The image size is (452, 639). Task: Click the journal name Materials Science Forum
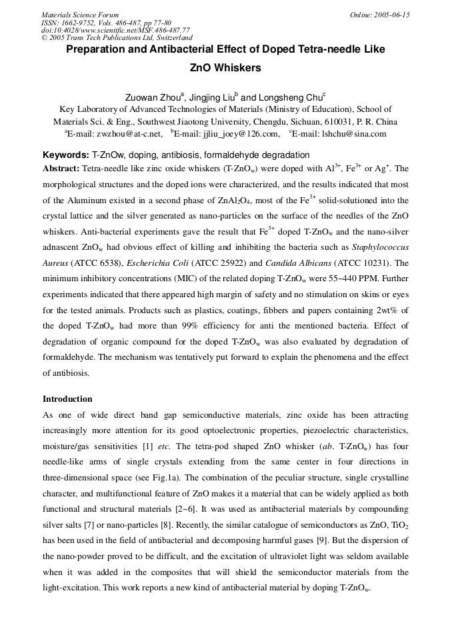point(80,15)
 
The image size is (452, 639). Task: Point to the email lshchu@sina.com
point(354,133)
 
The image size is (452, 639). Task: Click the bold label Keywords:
point(66,155)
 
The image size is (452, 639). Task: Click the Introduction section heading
point(67,399)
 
